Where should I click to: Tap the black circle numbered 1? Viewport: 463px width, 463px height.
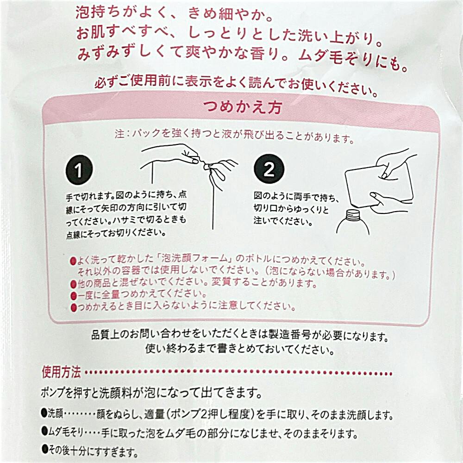click(x=79, y=170)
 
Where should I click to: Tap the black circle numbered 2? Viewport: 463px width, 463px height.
click(x=269, y=170)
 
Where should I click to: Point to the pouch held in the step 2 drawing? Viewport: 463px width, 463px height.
click(x=377, y=183)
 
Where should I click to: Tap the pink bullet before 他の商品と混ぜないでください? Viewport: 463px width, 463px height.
click(x=73, y=283)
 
